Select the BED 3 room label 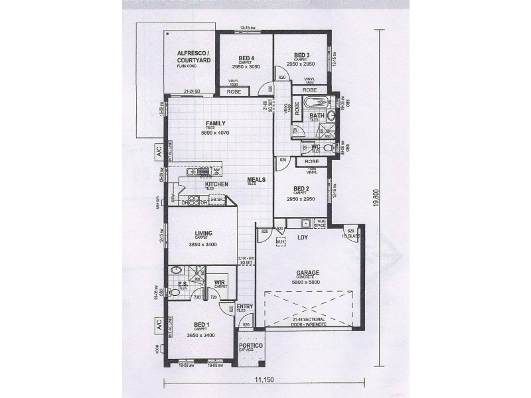[x=301, y=54]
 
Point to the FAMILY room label [x=215, y=123]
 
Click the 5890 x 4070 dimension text [x=215, y=133]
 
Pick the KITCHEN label [x=216, y=184]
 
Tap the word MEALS [x=256, y=179]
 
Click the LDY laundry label [x=303, y=237]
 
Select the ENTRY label [x=245, y=306]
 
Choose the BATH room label [x=316, y=116]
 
